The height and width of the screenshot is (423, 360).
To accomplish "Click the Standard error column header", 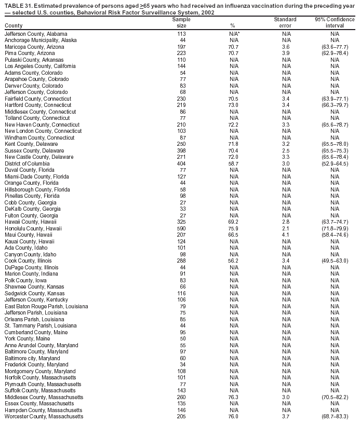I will coord(285,22).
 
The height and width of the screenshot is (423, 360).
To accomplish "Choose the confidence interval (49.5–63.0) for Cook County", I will coord(335,261).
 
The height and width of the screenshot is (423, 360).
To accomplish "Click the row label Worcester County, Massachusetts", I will coord(44,417).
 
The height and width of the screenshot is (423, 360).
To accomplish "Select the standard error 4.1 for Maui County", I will coord(285,235).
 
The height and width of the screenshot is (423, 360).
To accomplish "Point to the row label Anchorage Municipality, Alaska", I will coord(41,40).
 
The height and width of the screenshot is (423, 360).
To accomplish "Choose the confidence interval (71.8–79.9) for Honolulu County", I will coord(335,228).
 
